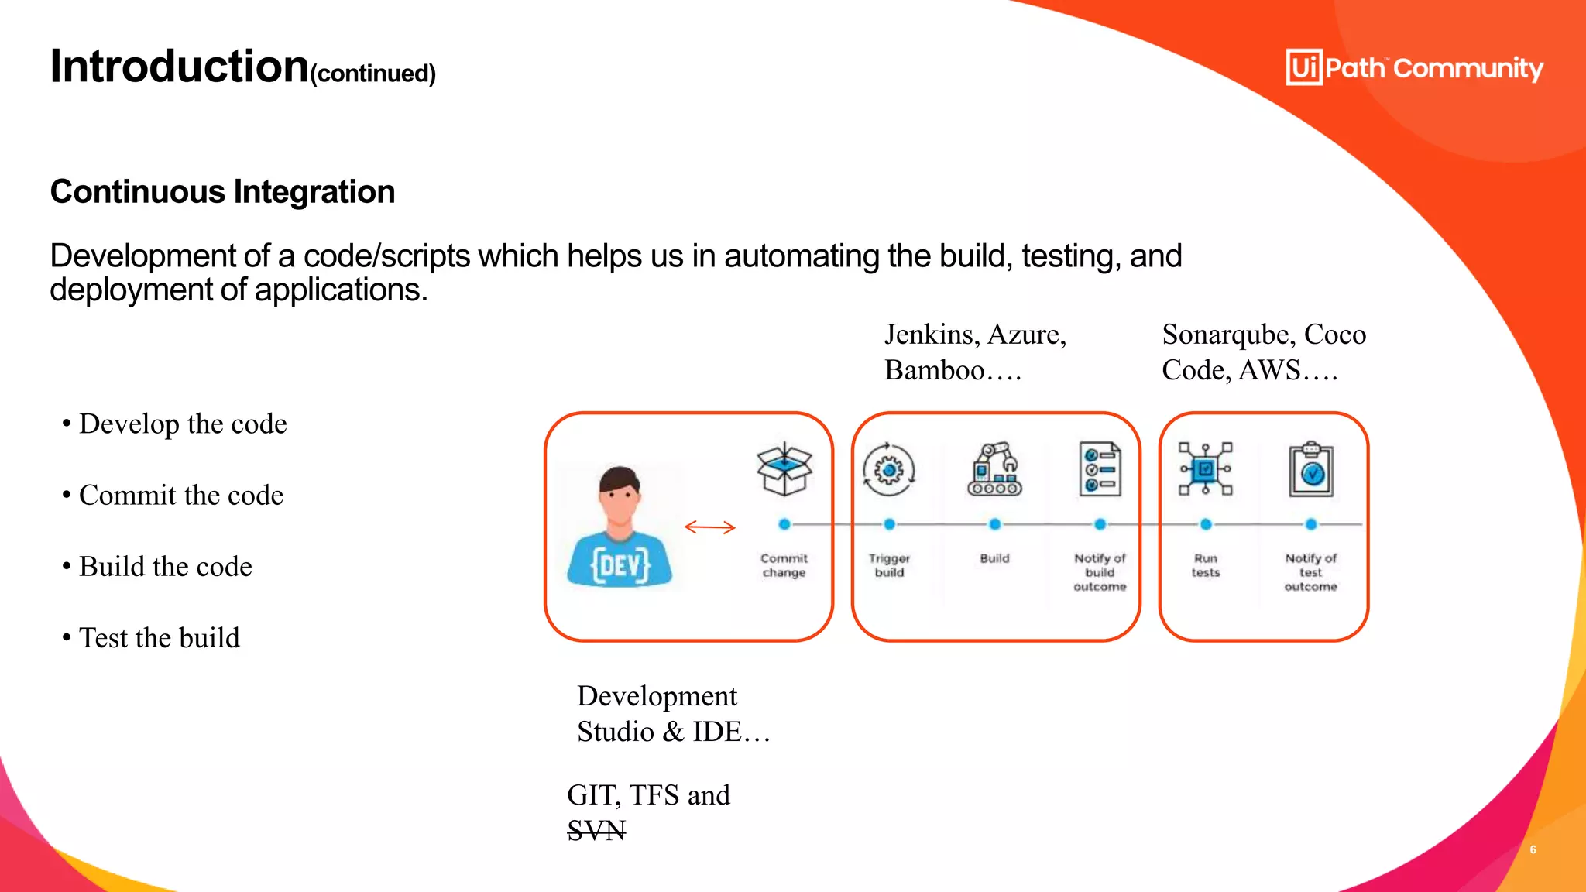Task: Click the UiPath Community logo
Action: (1414, 68)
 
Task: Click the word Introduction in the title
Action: (180, 67)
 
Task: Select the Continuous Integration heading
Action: (222, 191)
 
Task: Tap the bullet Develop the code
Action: (183, 424)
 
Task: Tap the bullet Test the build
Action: (160, 638)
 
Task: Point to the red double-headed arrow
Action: (709, 527)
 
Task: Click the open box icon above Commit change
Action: (784, 469)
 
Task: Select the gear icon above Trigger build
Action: (889, 469)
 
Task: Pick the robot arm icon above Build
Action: (994, 469)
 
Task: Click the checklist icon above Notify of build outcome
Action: (1100, 469)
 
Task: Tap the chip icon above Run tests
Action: (1205, 469)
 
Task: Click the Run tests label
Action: (1205, 565)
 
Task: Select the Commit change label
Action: (784, 565)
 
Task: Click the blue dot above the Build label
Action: (994, 524)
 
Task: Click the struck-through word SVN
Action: (596, 831)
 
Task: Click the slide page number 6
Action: (1533, 849)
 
